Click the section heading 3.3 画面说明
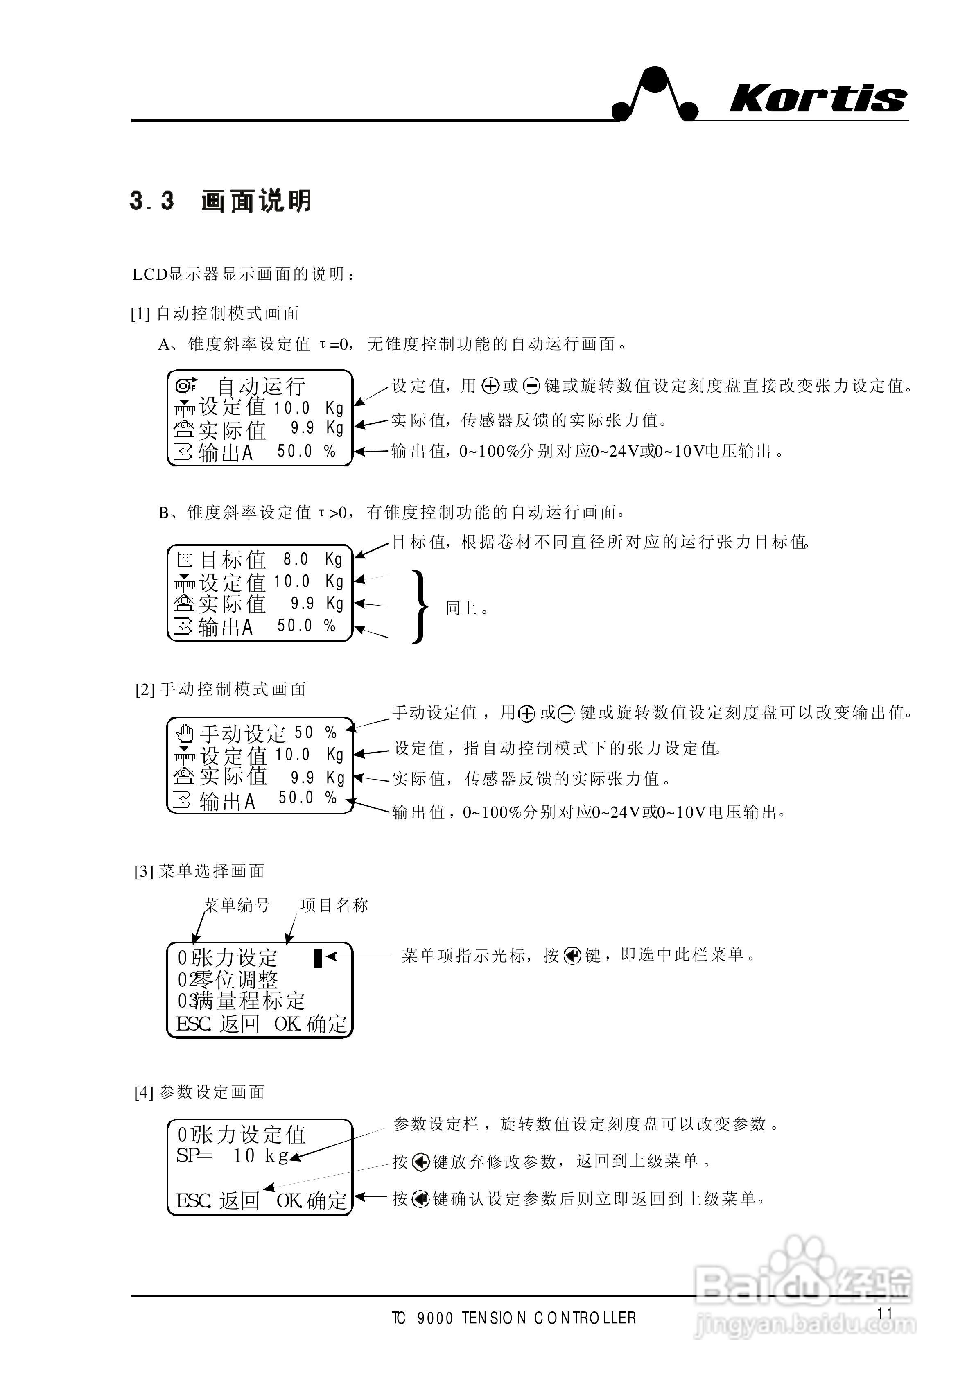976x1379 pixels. [221, 201]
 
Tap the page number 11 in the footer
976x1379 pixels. [885, 1313]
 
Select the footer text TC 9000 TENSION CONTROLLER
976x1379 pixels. [514, 1318]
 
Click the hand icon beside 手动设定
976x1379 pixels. [185, 733]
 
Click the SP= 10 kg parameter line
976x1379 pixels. [233, 1155]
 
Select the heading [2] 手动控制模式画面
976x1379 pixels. [221, 689]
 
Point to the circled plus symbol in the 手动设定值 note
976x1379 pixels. [526, 714]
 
